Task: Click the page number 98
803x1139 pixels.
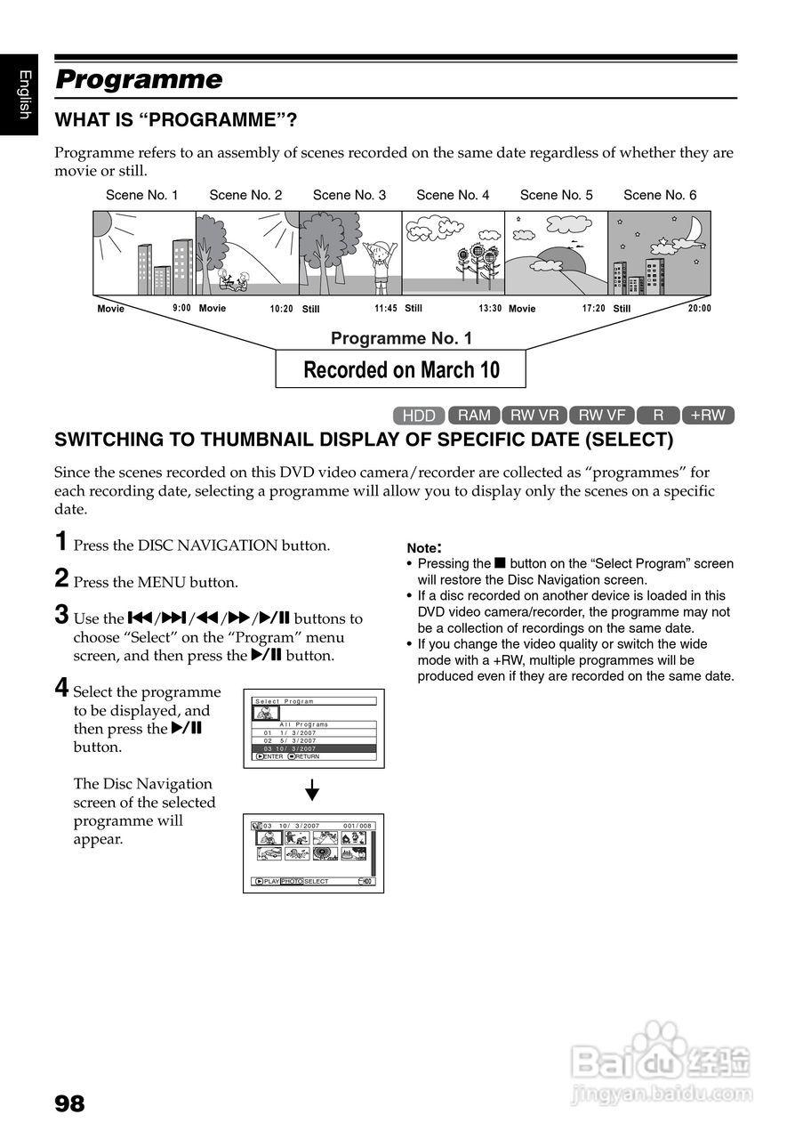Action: [x=70, y=1104]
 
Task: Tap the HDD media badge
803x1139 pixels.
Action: [x=419, y=416]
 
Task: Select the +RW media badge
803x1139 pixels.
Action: [x=708, y=415]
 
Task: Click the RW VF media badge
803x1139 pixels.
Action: [x=602, y=415]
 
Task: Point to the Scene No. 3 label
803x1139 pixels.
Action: [x=349, y=195]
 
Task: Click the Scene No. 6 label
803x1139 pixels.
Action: [x=660, y=195]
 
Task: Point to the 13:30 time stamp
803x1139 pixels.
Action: [x=490, y=309]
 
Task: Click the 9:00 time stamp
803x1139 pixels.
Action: [x=181, y=309]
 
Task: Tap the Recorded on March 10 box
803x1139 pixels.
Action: [x=401, y=369]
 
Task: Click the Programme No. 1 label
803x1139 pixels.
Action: [x=401, y=338]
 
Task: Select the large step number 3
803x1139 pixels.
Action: [x=61, y=614]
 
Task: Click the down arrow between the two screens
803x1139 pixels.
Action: [x=312, y=789]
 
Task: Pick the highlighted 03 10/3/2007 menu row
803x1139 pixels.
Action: [x=315, y=749]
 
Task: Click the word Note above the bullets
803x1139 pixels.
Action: [x=423, y=548]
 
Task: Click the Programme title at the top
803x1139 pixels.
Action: [x=139, y=80]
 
